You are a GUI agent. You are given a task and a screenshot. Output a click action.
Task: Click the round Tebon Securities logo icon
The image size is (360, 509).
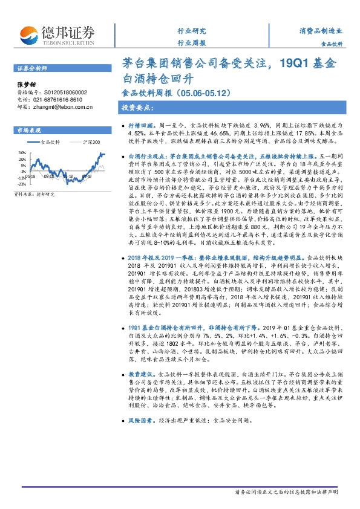coord(30,33)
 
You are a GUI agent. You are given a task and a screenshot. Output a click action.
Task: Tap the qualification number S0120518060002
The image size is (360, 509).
coord(59,92)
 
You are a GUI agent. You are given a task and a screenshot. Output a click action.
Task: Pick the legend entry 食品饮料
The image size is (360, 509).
coord(50,143)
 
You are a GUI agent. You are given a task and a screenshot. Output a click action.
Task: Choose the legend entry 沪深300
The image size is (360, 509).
coord(91,143)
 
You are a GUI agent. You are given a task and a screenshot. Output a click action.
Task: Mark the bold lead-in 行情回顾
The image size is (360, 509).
coord(142,122)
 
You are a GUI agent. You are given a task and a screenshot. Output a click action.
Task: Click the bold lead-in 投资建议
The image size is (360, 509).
coord(142,375)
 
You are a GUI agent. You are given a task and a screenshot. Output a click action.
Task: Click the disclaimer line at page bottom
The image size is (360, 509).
coord(286,493)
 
